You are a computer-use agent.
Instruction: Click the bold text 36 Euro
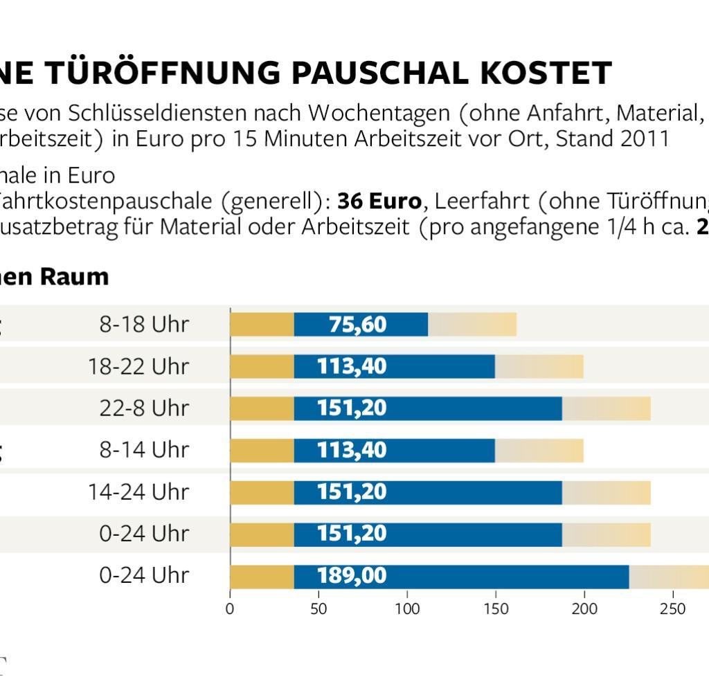pyautogui.click(x=379, y=201)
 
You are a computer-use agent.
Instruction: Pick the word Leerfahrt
pyautogui.click(x=479, y=201)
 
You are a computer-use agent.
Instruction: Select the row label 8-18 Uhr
pyautogui.click(x=144, y=325)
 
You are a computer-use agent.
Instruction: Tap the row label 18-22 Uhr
pyautogui.click(x=138, y=366)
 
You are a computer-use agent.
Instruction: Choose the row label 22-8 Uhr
pyautogui.click(x=144, y=408)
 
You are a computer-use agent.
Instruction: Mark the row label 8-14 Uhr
pyautogui.click(x=144, y=450)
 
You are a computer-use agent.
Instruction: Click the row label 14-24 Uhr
pyautogui.click(x=138, y=492)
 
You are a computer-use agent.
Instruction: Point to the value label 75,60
pyautogui.click(x=357, y=325)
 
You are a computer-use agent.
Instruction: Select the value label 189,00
pyautogui.click(x=352, y=576)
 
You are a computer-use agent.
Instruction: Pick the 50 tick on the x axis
pyautogui.click(x=318, y=609)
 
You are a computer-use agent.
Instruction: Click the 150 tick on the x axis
pyautogui.click(x=496, y=609)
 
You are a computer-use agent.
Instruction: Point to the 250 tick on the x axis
pyautogui.click(x=672, y=609)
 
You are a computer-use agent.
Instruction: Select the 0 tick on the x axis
pyautogui.click(x=230, y=609)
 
